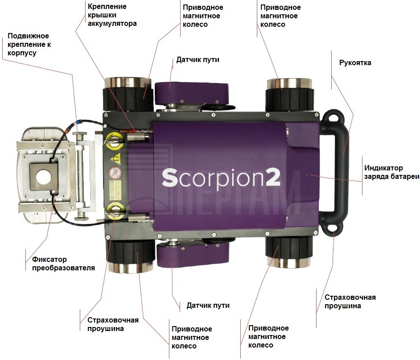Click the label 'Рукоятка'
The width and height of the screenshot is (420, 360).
(x=355, y=63)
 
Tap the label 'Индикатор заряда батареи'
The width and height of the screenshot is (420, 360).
(x=391, y=172)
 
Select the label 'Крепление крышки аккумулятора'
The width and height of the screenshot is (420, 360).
(x=112, y=15)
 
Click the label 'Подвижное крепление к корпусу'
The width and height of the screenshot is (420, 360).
(x=29, y=44)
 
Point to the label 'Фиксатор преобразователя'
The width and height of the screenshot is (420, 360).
(x=63, y=264)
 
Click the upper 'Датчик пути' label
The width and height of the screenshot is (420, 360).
(x=198, y=59)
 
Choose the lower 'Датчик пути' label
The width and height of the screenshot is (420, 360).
(x=208, y=305)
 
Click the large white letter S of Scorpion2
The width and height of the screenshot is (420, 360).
(x=170, y=178)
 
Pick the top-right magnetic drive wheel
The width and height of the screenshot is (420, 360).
(x=290, y=95)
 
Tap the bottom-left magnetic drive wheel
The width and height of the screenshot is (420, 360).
(x=131, y=256)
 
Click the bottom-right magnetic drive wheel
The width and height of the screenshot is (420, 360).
(x=289, y=252)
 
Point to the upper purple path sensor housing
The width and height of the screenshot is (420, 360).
(x=192, y=92)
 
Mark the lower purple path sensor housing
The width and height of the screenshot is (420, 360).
(x=193, y=255)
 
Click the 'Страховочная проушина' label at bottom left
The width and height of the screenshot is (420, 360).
(x=113, y=324)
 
